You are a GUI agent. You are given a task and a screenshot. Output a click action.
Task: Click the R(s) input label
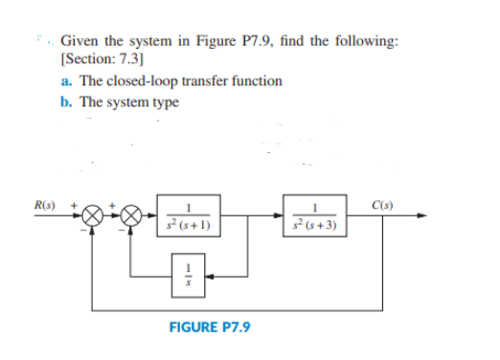[x=43, y=204]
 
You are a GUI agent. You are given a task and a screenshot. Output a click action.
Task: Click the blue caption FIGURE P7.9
[x=209, y=326]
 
